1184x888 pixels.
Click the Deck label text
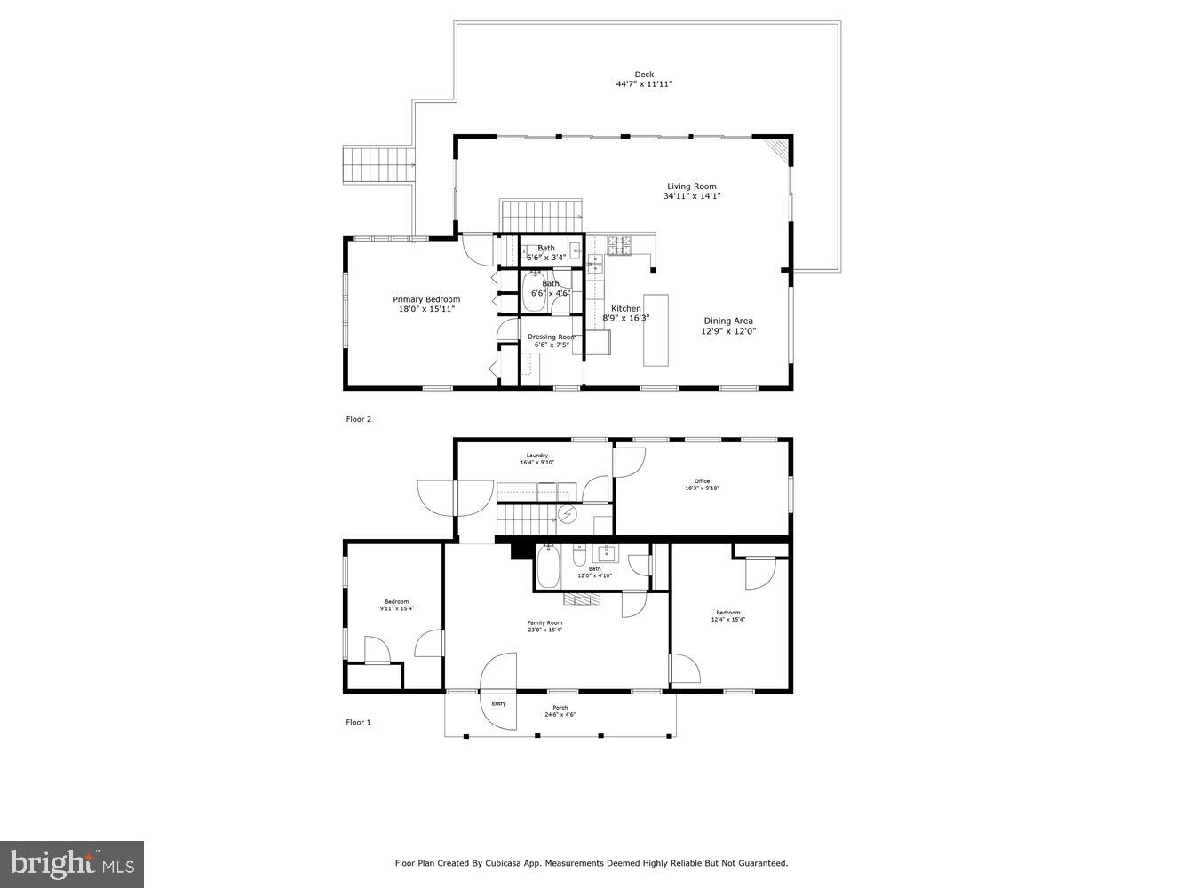[x=644, y=75]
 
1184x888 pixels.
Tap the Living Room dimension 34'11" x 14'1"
[x=691, y=196]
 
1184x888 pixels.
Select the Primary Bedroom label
[x=426, y=299]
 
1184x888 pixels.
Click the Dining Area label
[x=728, y=321]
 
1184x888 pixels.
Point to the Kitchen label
[x=625, y=308]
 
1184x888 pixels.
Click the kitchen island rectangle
[x=656, y=329]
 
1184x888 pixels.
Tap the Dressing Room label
[x=552, y=337]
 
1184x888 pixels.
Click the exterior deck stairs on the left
[x=379, y=165]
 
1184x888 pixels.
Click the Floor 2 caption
[x=358, y=419]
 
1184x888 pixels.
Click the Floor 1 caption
[x=358, y=723]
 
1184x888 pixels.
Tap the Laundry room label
[x=536, y=456]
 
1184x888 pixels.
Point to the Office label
[x=702, y=481]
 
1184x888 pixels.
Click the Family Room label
[x=544, y=623]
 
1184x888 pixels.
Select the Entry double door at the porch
[x=498, y=692]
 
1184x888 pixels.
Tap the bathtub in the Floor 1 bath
[x=548, y=567]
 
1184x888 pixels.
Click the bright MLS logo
[x=73, y=863]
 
